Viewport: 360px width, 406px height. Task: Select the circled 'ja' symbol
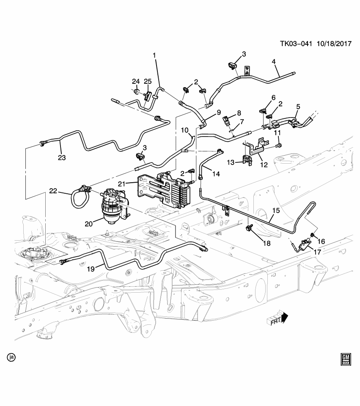click(11, 357)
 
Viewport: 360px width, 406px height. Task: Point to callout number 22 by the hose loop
click(52, 191)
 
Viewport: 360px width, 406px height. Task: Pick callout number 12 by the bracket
click(264, 165)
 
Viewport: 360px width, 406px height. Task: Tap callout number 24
click(135, 81)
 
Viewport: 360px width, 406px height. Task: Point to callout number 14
click(216, 173)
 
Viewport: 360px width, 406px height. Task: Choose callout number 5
click(298, 107)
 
